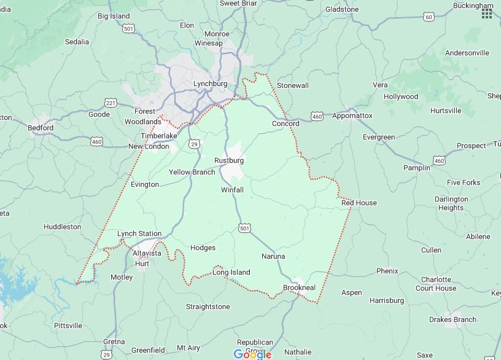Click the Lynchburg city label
click(210, 84)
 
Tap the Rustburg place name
click(229, 160)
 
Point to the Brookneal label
click(299, 288)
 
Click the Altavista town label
click(147, 253)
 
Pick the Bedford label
click(41, 128)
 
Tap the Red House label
click(359, 203)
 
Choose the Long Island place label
click(231, 272)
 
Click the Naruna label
click(273, 256)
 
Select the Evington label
click(145, 184)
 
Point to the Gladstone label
click(342, 9)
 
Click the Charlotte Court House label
click(436, 284)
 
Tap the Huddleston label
click(62, 227)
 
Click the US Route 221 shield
click(111, 102)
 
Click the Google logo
click(252, 354)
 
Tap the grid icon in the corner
click(487, 14)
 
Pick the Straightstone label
click(208, 307)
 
